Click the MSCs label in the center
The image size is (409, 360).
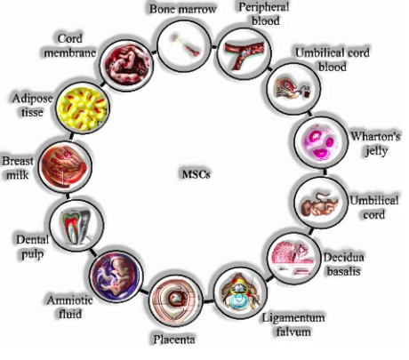pyautogui.click(x=196, y=174)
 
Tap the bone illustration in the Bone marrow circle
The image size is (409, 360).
pyautogui.click(x=188, y=45)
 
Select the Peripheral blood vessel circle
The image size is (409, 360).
pyautogui.click(x=245, y=53)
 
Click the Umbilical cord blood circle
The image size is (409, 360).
pyautogui.click(x=293, y=88)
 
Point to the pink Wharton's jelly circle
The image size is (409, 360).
pyautogui.click(x=321, y=141)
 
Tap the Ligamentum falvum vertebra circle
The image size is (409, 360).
pyautogui.click(x=240, y=292)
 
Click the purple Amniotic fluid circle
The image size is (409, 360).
pyautogui.click(x=116, y=276)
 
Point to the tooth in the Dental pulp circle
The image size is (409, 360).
pyautogui.click(x=76, y=226)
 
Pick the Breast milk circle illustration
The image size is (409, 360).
pyautogui.click(x=65, y=166)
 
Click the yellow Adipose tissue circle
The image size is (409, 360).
pyautogui.click(x=83, y=108)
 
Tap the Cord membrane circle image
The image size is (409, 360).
pyautogui.click(x=126, y=65)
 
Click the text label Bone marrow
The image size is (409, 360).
pyautogui.click(x=183, y=9)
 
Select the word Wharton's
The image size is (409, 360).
pyautogui.click(x=375, y=136)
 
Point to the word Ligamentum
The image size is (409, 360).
pyautogui.click(x=293, y=317)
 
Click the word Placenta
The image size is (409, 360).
pyautogui.click(x=174, y=340)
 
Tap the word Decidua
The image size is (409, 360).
pyautogui.click(x=343, y=257)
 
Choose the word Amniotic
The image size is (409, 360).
pyautogui.click(x=70, y=300)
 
